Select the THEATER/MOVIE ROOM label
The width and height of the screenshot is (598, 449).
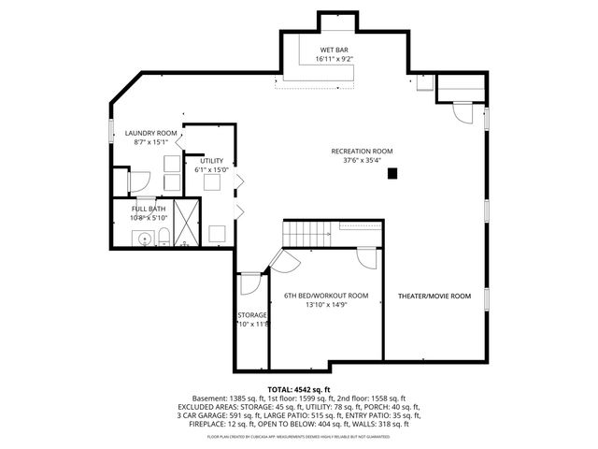(x=434, y=296)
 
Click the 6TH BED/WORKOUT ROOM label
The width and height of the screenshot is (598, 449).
(x=326, y=296)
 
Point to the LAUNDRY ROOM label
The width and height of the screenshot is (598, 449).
(x=150, y=134)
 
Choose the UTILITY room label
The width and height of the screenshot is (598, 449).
(x=211, y=161)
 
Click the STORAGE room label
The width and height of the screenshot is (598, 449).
(x=252, y=315)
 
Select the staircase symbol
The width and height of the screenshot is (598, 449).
(x=307, y=235)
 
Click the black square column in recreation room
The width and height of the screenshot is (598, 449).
(x=393, y=172)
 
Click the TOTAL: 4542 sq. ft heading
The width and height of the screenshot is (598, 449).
(x=299, y=389)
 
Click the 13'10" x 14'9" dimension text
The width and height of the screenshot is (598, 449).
(x=326, y=305)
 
